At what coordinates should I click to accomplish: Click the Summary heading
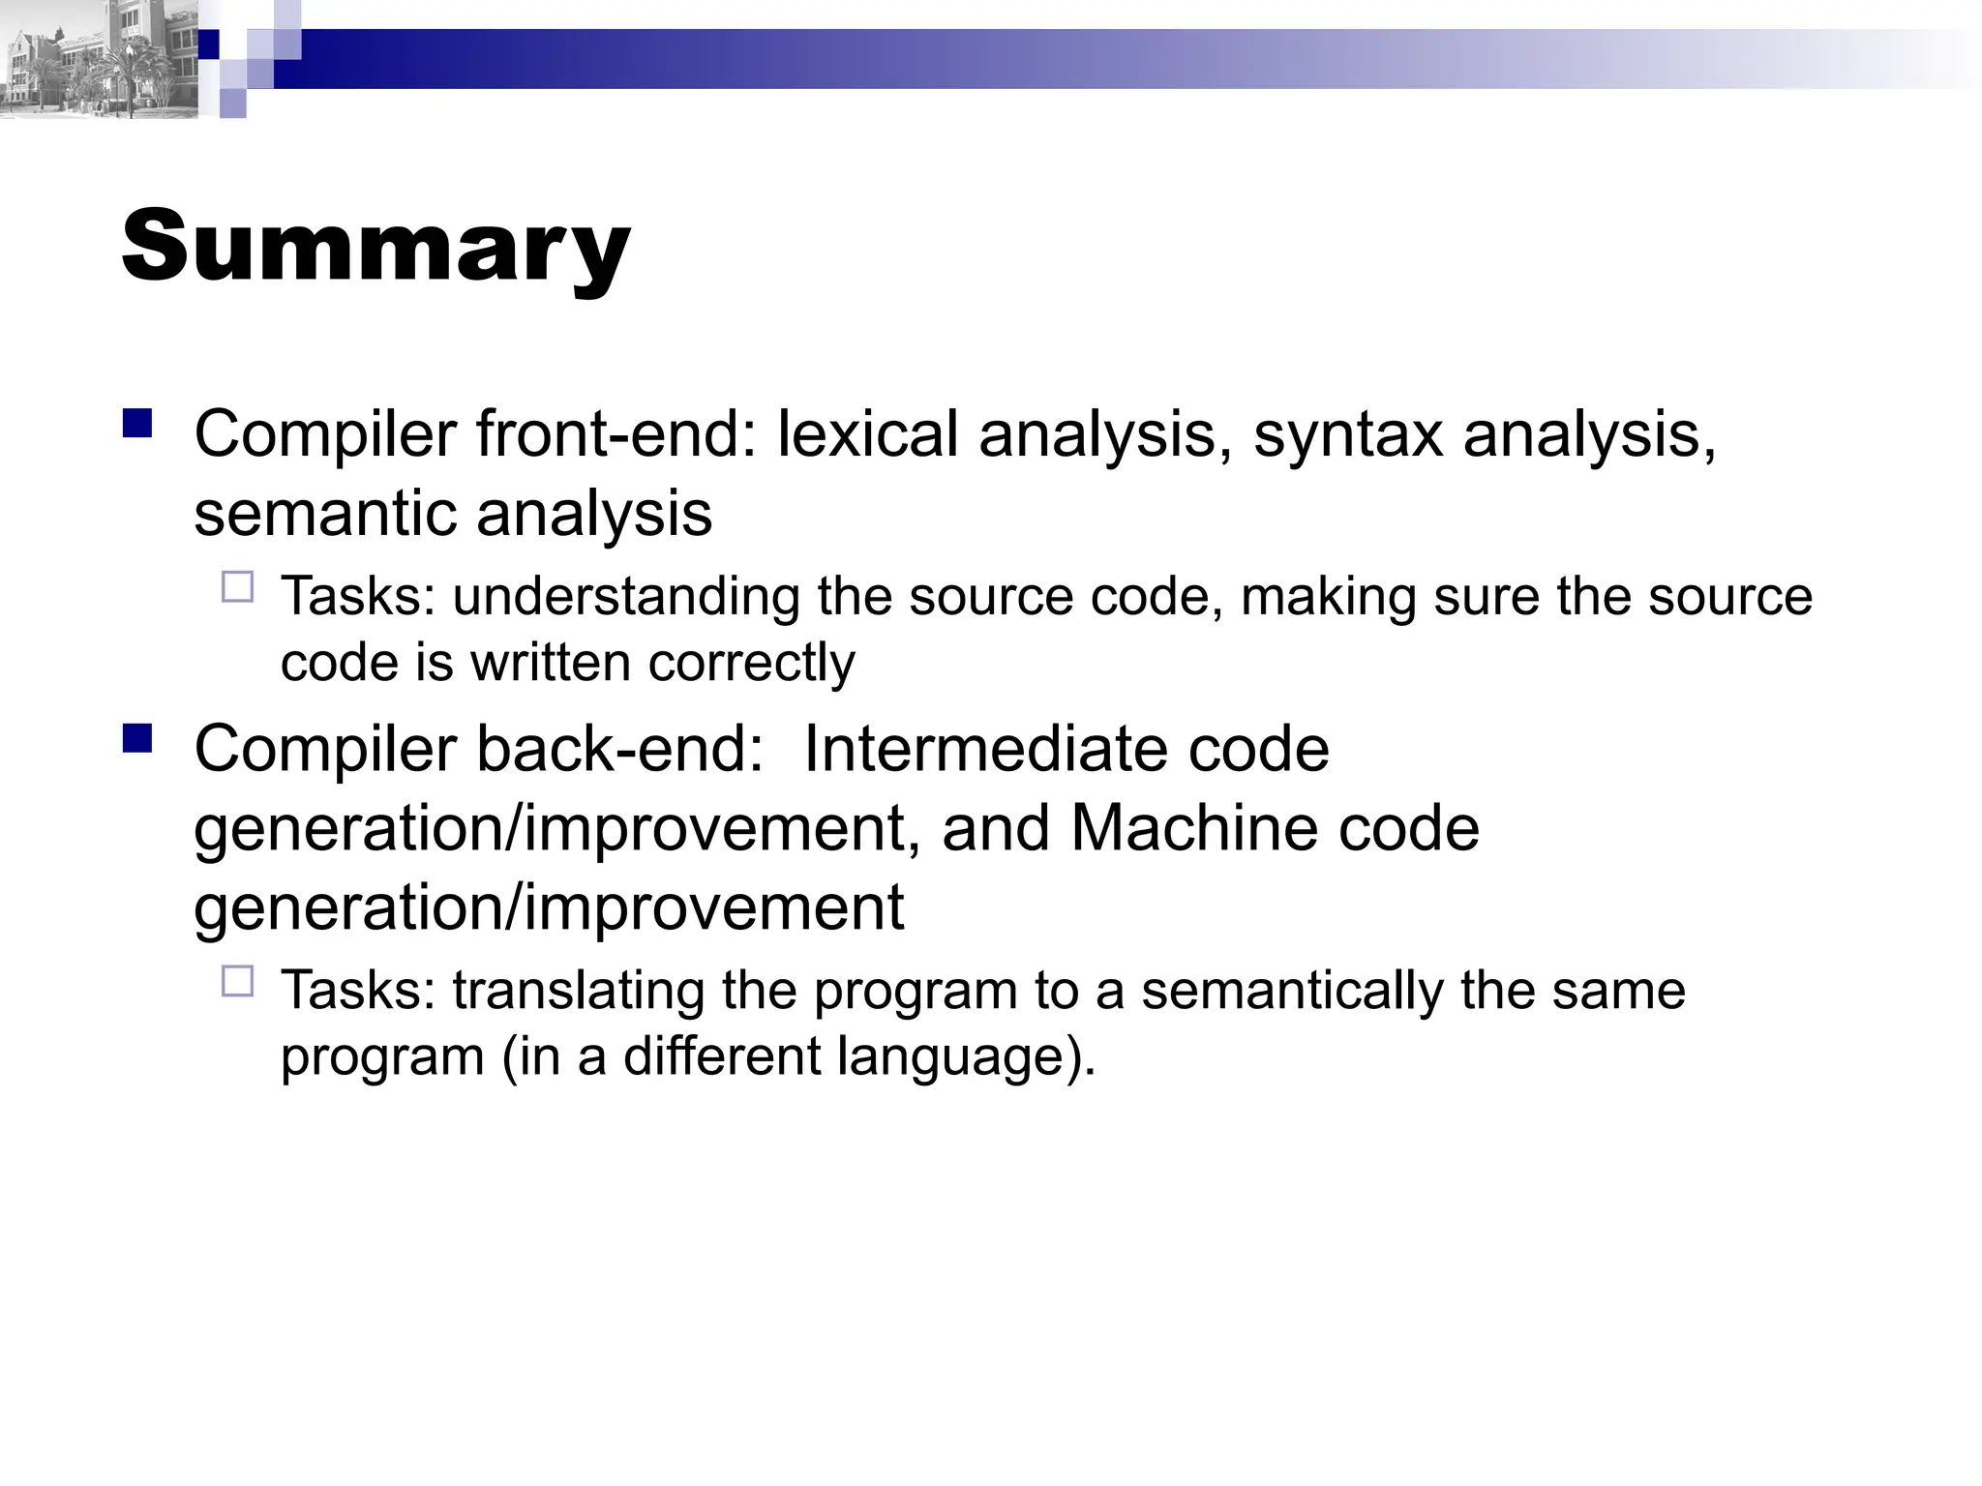point(375,247)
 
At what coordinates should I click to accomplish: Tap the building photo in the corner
point(97,60)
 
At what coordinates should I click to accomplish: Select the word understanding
point(625,597)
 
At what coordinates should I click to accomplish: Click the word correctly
point(751,664)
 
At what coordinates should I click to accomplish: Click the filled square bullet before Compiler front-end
point(137,424)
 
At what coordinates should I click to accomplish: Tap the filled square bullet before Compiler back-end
point(137,739)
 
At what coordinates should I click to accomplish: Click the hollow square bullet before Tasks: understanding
point(237,587)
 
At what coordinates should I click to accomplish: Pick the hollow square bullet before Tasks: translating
point(237,981)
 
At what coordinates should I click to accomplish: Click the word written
point(550,664)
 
